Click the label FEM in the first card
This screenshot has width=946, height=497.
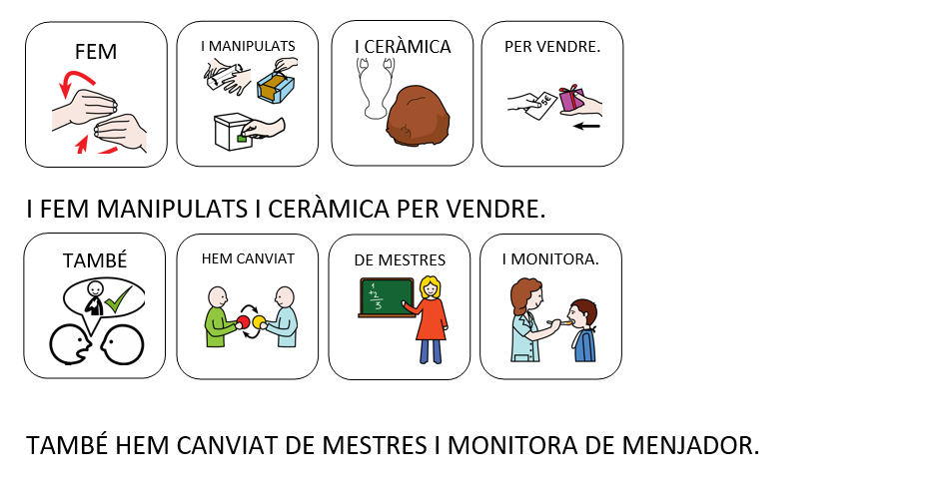pyautogui.click(x=95, y=52)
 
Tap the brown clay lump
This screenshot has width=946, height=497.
pyautogui.click(x=418, y=115)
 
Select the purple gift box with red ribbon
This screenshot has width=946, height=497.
pyautogui.click(x=571, y=100)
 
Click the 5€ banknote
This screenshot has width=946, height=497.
pyautogui.click(x=541, y=106)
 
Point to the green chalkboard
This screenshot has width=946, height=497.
pyautogui.click(x=387, y=297)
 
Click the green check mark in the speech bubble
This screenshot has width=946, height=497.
pyautogui.click(x=119, y=296)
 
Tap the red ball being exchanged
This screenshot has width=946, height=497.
pyautogui.click(x=243, y=321)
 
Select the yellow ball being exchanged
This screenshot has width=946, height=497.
pyautogui.click(x=259, y=321)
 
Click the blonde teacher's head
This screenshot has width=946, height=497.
pyautogui.click(x=430, y=286)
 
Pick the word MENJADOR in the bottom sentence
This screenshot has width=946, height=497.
pyautogui.click(x=690, y=446)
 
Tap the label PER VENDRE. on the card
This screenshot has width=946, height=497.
pyautogui.click(x=552, y=47)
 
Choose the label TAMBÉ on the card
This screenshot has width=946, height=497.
pyautogui.click(x=95, y=260)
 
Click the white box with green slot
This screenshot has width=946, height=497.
pyautogui.click(x=235, y=132)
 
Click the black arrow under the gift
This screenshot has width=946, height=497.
pyautogui.click(x=586, y=127)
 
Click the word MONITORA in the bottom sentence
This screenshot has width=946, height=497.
pyautogui.click(x=512, y=446)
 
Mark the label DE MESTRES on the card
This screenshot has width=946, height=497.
pyautogui.click(x=400, y=260)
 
